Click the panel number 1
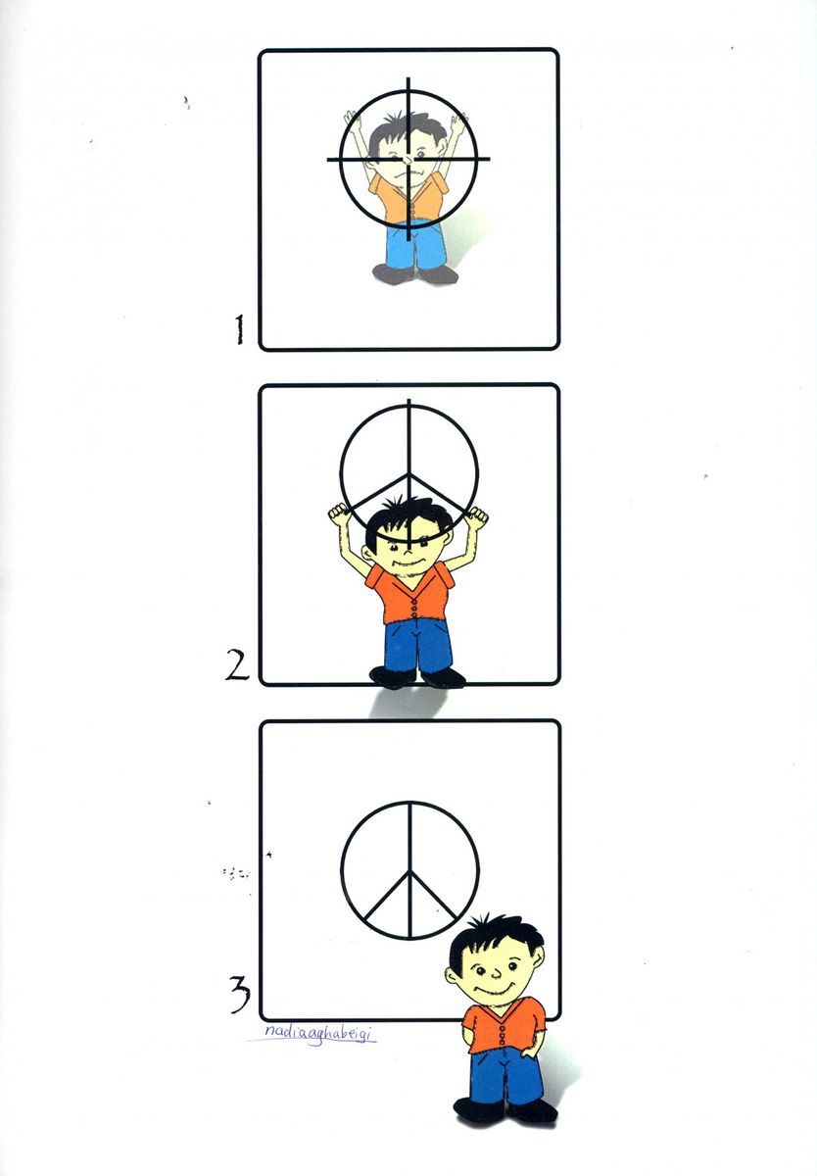[x=239, y=329]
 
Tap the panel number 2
[x=238, y=664]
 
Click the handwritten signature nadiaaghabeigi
[x=318, y=1032]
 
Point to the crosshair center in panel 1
[x=408, y=159]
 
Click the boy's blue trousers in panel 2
[x=418, y=646]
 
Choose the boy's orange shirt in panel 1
[x=408, y=198]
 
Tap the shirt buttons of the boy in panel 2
[x=413, y=609]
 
